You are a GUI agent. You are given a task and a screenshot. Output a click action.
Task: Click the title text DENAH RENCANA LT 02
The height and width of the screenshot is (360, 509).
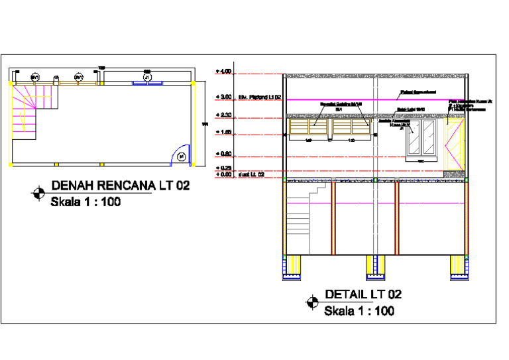[x=121, y=186]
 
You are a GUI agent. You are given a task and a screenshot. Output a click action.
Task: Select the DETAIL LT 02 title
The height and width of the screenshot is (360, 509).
[x=363, y=294]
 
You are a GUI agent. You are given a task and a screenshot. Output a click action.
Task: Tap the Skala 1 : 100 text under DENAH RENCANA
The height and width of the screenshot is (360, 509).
[x=85, y=202]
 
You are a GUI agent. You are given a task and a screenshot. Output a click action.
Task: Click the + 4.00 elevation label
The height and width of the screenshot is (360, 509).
[x=223, y=71]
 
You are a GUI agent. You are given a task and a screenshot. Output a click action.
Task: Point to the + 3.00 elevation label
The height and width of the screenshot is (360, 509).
[x=223, y=97]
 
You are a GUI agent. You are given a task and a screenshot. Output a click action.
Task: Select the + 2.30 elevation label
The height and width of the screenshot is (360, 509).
[x=223, y=115]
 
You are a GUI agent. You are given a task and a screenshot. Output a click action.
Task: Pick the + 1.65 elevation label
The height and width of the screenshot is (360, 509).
[x=223, y=133]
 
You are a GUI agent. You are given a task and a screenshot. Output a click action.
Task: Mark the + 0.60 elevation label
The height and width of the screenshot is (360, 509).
[x=223, y=154]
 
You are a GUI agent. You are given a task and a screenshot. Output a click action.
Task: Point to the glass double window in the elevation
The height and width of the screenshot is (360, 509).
[x=420, y=139]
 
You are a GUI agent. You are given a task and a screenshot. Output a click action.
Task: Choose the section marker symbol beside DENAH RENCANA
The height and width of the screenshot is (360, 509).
[x=40, y=194]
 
